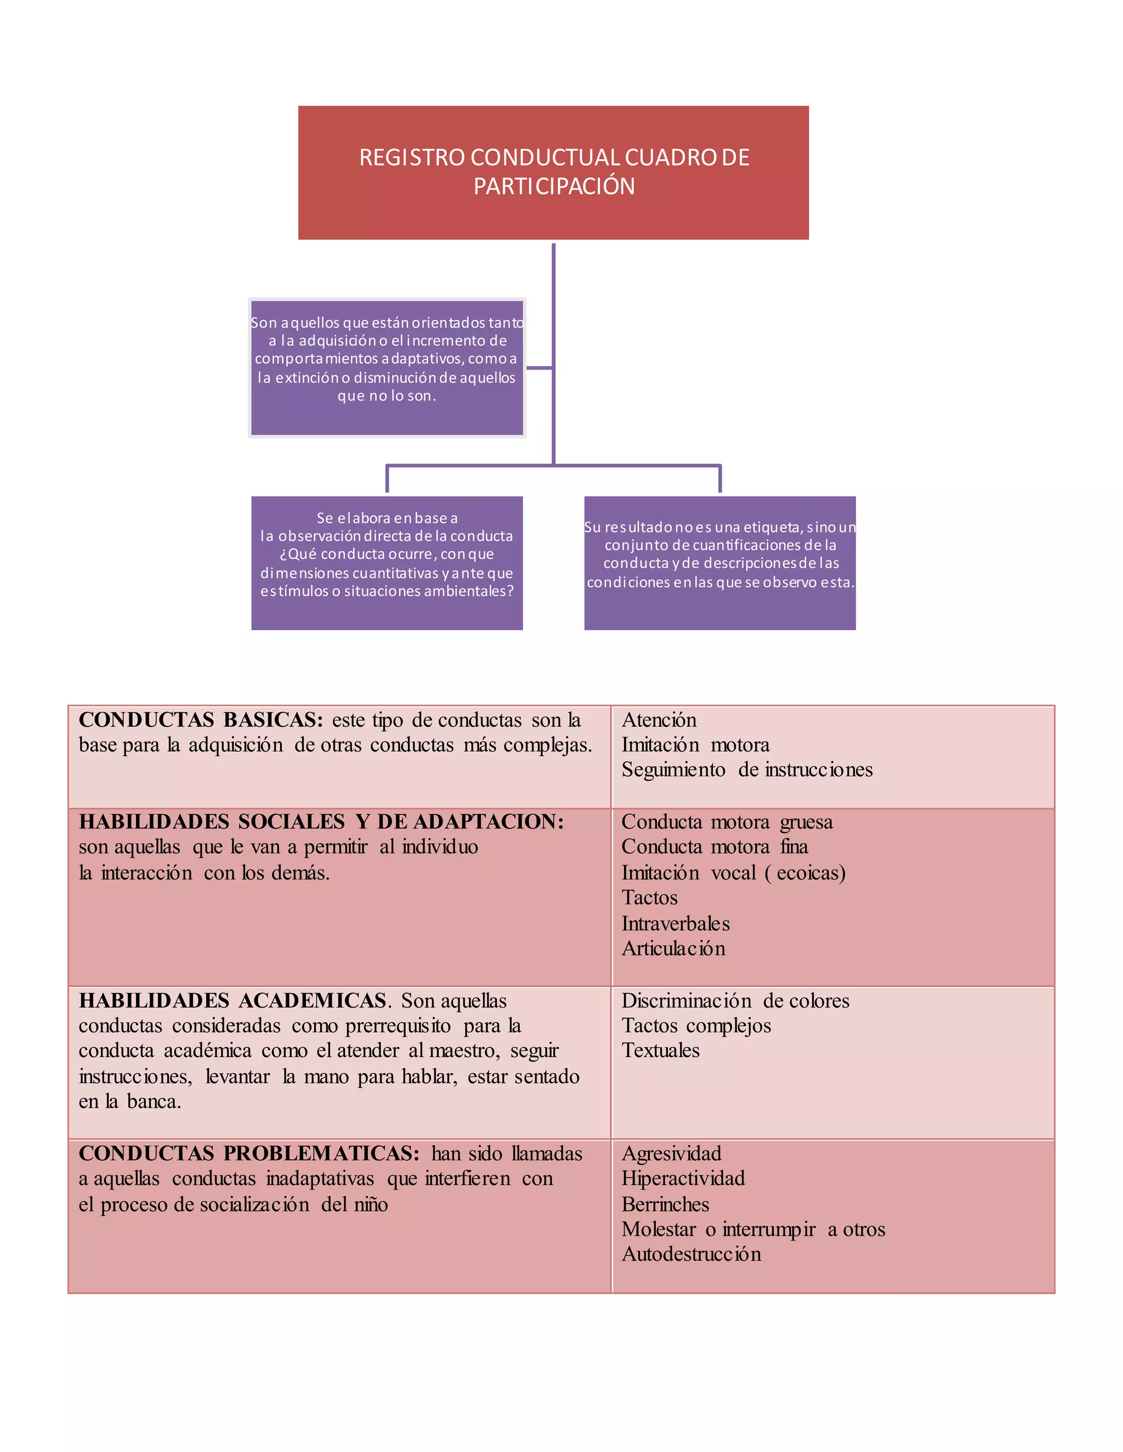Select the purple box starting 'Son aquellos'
[387, 367]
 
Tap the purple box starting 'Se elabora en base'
[387, 563]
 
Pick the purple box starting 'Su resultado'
[719, 563]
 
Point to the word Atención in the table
[659, 720]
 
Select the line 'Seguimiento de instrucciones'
[746, 770]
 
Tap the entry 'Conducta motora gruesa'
[727, 822]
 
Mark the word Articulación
[673, 948]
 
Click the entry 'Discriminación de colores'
[735, 1001]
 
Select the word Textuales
[661, 1051]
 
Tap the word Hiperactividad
[683, 1179]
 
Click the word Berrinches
[665, 1205]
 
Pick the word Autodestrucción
[691, 1255]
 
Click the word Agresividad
[671, 1153]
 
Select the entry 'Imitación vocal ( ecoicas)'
[733, 873]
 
